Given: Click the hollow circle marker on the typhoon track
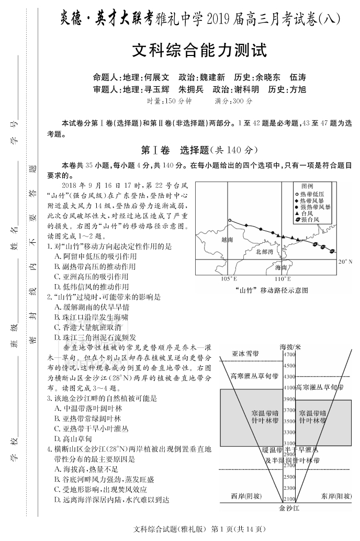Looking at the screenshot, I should pos(229,220).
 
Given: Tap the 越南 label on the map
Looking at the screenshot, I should pos(227,239).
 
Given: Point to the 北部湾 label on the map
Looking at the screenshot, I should pos(265,252).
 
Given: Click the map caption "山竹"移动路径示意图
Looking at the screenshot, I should pos(272,290).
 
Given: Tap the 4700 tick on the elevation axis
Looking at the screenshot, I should pos(289,354).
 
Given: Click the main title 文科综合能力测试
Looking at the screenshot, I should pos(199,50).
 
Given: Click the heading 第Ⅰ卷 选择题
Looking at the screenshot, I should pos(199,150).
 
